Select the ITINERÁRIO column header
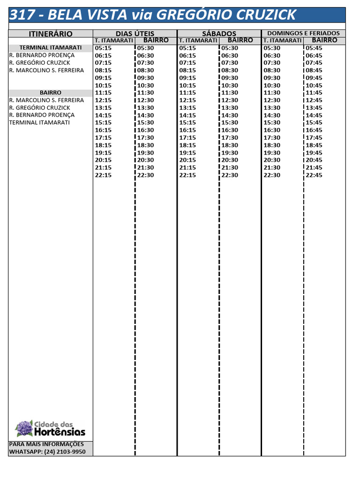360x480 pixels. coord(51,34)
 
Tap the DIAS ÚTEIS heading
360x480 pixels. coord(135,34)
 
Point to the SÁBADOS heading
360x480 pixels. coord(219,34)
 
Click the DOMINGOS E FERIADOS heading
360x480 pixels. coord(303,33)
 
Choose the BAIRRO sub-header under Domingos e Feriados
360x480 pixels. coord(324,40)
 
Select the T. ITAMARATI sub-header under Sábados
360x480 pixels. coord(198,40)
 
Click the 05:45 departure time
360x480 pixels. coord(314,48)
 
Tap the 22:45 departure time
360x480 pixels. coord(314,175)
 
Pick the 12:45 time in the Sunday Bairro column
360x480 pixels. coord(314,100)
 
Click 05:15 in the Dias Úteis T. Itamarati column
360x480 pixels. coord(103,48)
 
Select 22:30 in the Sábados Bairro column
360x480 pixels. coord(230,175)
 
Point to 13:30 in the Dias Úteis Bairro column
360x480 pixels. coord(145,108)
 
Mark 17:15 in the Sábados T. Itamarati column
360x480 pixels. coord(187,138)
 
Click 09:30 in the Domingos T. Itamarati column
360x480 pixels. coord(272,78)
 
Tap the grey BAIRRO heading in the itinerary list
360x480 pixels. coord(51,93)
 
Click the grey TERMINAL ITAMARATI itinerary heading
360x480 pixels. coord(51,48)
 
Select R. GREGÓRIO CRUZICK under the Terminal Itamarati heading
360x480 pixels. coord(40,63)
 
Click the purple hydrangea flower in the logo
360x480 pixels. coord(24,428)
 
